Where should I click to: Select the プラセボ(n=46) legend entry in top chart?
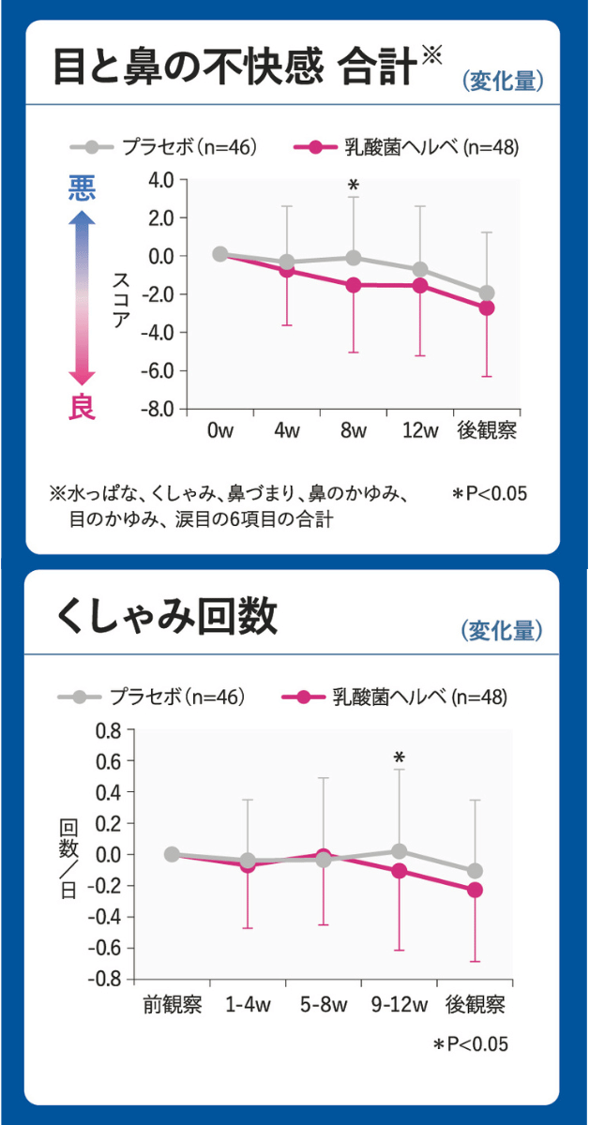[164, 147]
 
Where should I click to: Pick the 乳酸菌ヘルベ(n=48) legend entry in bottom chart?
[394, 697]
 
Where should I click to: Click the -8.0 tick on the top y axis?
[159, 409]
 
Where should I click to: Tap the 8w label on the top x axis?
[354, 431]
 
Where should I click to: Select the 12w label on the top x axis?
[420, 431]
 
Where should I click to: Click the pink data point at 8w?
[354, 284]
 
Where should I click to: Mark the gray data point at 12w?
[420, 269]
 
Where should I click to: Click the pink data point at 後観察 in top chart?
[487, 307]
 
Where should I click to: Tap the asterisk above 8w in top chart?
[354, 186]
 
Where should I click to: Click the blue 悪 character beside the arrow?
[82, 188]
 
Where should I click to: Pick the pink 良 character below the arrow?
[82, 407]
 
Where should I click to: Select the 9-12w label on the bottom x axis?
[400, 1006]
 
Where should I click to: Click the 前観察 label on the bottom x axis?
[172, 1006]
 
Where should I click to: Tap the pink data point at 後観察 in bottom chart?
[476, 890]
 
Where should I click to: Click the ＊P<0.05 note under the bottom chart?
[470, 1044]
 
